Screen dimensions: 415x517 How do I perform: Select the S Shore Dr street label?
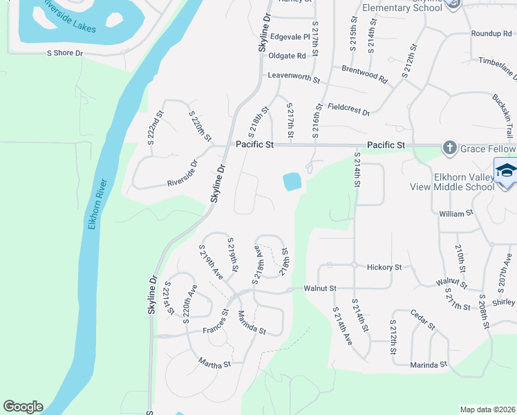(64, 53)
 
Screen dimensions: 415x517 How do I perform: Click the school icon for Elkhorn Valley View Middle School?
(506, 171)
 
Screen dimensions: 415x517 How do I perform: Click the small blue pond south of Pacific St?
(292, 182)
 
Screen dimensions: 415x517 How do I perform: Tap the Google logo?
(23, 407)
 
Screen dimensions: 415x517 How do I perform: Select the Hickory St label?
(384, 267)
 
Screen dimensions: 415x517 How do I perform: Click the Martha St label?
(214, 362)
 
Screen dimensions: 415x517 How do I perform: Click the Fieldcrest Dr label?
(349, 109)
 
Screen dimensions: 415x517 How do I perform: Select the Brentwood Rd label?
(365, 74)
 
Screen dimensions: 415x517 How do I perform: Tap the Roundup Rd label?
(490, 34)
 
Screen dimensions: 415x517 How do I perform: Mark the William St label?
(455, 214)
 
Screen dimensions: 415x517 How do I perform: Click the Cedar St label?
(422, 319)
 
